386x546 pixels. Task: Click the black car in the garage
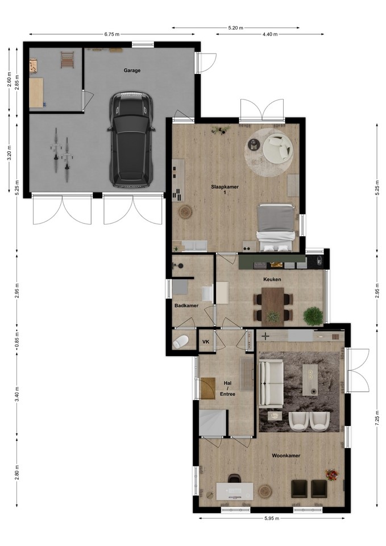[x=131, y=140]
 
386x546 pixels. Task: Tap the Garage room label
[x=132, y=71]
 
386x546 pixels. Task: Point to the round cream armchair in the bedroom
[x=277, y=147]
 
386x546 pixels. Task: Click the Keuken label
[x=272, y=279]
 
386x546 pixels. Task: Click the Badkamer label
[x=186, y=305]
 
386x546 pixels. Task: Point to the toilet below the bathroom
[x=180, y=342]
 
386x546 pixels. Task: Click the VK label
[x=206, y=342]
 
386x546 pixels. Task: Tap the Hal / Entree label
[x=227, y=388]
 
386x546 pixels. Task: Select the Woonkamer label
[x=286, y=456]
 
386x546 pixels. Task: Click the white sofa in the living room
[x=271, y=384]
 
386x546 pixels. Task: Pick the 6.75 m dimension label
[x=112, y=34]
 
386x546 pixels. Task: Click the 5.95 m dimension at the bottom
[x=272, y=518]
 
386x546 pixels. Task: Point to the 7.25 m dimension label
[x=377, y=417]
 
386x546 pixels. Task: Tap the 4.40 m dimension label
[x=270, y=34]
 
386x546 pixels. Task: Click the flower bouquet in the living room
[x=331, y=474]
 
